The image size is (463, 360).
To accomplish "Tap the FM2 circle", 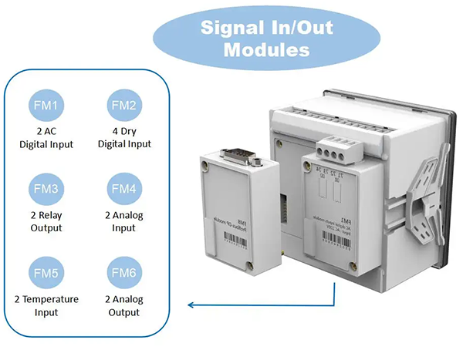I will coord(123,105).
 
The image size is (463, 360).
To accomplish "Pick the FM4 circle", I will coord(123,188).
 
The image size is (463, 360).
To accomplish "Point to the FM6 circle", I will coord(123,271).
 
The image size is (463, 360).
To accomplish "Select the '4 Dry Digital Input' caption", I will coord(123,137).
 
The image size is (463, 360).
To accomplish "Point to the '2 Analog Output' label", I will coord(123,305).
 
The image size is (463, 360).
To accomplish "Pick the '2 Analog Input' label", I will coord(123,221).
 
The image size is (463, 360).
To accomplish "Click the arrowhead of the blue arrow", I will coord(191,306).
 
